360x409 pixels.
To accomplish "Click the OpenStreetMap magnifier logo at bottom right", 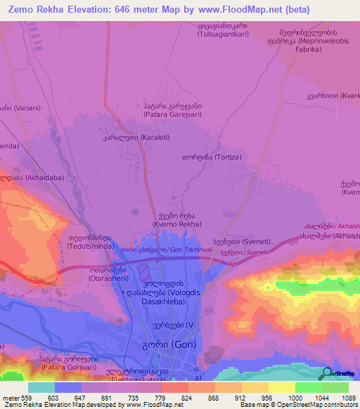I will [x=326, y=375].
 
